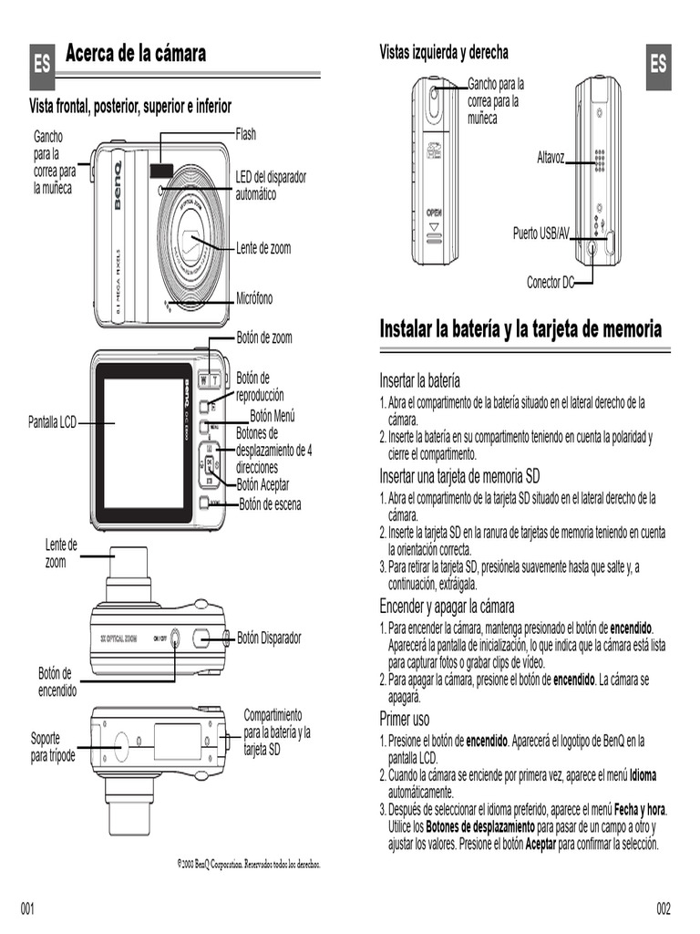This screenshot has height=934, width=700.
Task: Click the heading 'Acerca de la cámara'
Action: [136, 54]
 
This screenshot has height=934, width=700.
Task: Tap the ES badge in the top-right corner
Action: [658, 65]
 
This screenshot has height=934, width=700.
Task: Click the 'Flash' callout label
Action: [246, 134]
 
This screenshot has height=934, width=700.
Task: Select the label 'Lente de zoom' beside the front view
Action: [263, 248]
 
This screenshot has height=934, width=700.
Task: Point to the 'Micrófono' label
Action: [254, 298]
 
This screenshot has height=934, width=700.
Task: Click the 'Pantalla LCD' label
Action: [52, 422]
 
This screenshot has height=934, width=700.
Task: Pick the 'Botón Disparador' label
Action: [269, 638]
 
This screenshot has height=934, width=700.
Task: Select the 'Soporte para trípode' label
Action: [54, 748]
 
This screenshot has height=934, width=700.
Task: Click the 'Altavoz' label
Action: [551, 159]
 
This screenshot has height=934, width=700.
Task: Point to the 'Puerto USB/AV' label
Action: [540, 234]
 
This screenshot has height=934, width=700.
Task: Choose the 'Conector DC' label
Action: [550, 283]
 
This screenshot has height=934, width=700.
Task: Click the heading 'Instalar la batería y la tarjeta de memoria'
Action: [520, 329]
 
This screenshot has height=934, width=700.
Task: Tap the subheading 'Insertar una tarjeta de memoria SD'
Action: [459, 476]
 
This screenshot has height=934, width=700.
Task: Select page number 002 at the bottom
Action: [664, 908]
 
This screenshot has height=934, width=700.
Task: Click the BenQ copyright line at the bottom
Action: [249, 863]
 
